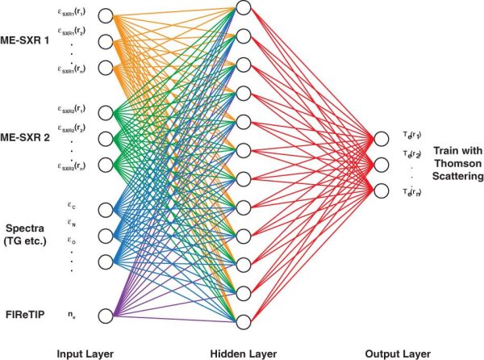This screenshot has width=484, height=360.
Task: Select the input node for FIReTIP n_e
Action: pyautogui.click(x=105, y=314)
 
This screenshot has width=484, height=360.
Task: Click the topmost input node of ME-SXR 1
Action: pyautogui.click(x=105, y=15)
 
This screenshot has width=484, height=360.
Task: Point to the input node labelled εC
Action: pyautogui.click(x=105, y=210)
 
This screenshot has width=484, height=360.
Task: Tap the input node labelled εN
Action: pyautogui.click(x=105, y=235)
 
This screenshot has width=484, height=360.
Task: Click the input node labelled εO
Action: pyautogui.click(x=105, y=260)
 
